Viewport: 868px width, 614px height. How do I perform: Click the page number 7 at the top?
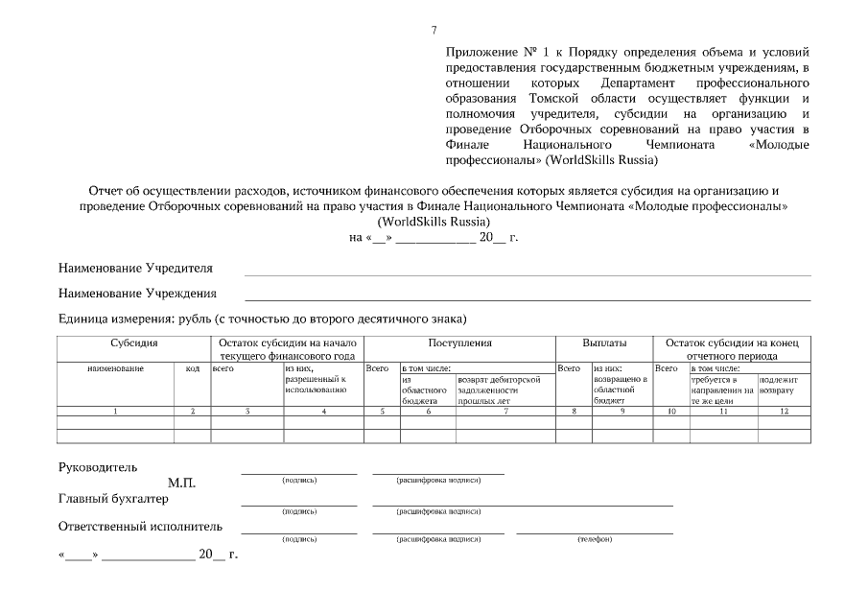pyautogui.click(x=434, y=31)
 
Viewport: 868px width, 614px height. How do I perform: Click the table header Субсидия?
pyautogui.click(x=133, y=342)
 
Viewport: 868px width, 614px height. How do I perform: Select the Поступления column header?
pyautogui.click(x=459, y=342)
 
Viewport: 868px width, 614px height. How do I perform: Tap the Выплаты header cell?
pyautogui.click(x=604, y=342)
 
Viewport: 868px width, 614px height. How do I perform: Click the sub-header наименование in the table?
pyautogui.click(x=115, y=367)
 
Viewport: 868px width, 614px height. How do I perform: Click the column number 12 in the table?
pyautogui.click(x=784, y=411)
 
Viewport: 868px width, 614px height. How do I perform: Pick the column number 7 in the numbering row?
pyautogui.click(x=505, y=411)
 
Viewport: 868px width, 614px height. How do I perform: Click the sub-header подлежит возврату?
pyautogui.click(x=778, y=386)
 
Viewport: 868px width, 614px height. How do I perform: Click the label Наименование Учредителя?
pyautogui.click(x=135, y=268)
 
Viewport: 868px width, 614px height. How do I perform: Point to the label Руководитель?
pyautogui.click(x=98, y=467)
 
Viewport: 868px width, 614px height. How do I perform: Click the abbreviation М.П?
pyautogui.click(x=181, y=483)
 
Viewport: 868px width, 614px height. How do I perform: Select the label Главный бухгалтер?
pyautogui.click(x=113, y=498)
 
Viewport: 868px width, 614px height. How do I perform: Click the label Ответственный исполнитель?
pyautogui.click(x=140, y=526)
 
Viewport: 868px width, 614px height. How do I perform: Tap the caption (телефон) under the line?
pyautogui.click(x=594, y=539)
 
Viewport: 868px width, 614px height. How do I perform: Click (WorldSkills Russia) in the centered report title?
pyautogui.click(x=434, y=221)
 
